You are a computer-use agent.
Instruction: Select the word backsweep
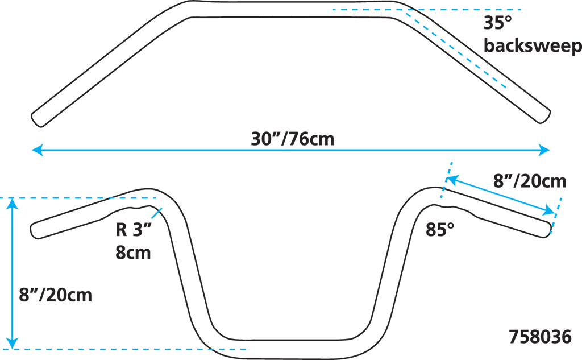pos(533,46)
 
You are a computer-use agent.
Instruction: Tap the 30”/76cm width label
pos(293,138)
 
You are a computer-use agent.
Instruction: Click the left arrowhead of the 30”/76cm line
pos(37,150)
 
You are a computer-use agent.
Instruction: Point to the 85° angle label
pos(440,229)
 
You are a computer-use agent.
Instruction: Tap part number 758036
pos(539,336)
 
